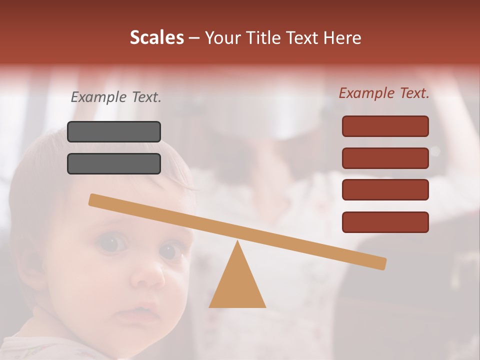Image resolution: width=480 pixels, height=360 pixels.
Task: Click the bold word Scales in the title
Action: [x=156, y=37]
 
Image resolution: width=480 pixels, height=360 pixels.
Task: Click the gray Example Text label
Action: [x=116, y=97]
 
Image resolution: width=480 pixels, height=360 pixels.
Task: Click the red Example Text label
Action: [x=384, y=93]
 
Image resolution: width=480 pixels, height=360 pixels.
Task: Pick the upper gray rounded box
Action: [x=114, y=131]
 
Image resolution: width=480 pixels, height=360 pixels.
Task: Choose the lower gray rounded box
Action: [x=114, y=163]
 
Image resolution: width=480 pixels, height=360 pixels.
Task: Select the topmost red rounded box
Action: [x=385, y=126]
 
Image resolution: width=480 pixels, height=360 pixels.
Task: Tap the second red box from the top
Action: [x=385, y=158]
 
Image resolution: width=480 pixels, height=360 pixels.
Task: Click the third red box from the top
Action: [x=385, y=189]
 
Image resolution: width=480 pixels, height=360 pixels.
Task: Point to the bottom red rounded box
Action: [x=385, y=222]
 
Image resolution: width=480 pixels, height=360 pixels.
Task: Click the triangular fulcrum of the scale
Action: [x=237, y=285]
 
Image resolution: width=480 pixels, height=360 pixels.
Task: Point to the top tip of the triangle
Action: [x=237, y=243]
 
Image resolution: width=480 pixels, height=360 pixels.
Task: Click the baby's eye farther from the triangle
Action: [x=111, y=243]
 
